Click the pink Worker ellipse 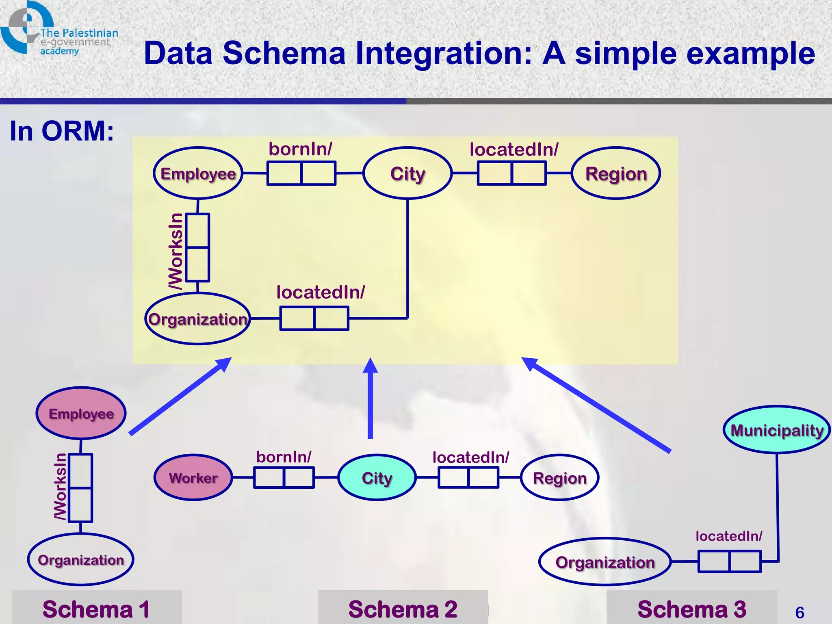[193, 477]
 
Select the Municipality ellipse [776, 430]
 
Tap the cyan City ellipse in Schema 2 [377, 477]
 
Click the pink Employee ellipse [81, 413]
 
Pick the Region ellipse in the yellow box [616, 173]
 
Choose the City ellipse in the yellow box [407, 173]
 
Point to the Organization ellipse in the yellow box [198, 319]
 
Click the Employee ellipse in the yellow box [198, 173]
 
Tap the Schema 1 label [96, 609]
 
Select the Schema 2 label [403, 609]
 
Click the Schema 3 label [692, 609]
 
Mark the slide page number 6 [799, 612]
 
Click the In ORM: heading [62, 131]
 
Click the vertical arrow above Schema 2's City [370, 398]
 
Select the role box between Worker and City [284, 477]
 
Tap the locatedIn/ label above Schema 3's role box [729, 536]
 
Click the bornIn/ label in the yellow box [300, 149]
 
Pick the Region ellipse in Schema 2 [559, 478]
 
